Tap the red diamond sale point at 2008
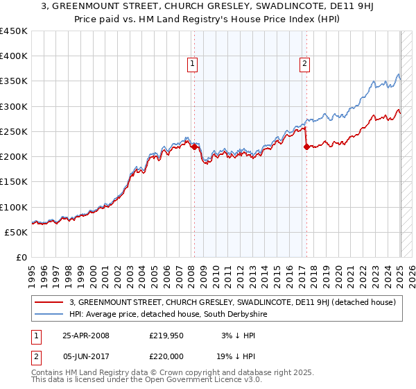coord(194,147)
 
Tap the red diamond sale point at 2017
coord(306,147)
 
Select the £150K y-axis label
coord(14,182)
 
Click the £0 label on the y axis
coord(21,257)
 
